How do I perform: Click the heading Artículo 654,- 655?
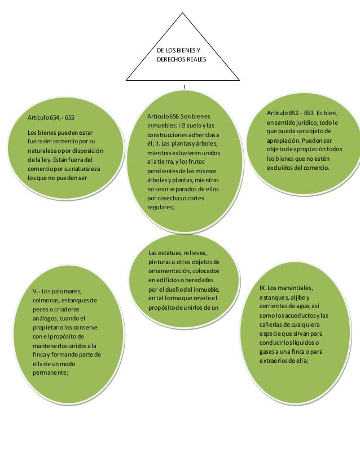pyautogui.click(x=51, y=118)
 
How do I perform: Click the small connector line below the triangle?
pyautogui.click(x=185, y=86)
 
